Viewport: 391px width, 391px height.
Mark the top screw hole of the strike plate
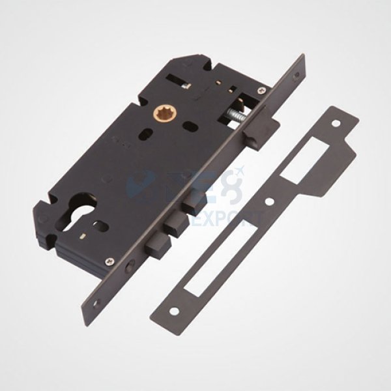pos(336,123)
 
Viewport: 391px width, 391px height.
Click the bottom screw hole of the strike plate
pos(180,307)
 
